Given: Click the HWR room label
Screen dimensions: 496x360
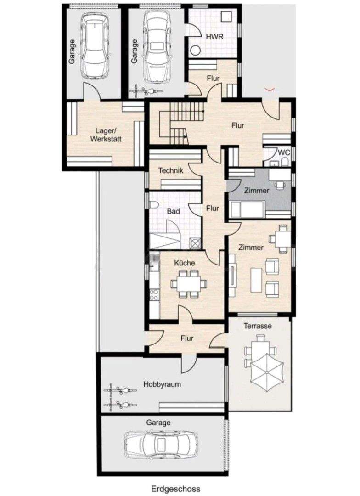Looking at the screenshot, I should (x=214, y=37).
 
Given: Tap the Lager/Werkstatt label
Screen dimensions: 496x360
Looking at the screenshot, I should (x=106, y=135).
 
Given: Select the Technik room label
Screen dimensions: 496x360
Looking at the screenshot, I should (x=171, y=170).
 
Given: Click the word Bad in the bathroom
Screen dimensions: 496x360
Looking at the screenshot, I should (x=173, y=211).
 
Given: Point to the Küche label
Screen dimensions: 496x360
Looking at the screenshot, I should (x=185, y=263).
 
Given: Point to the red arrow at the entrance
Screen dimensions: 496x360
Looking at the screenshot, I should (x=271, y=88).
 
